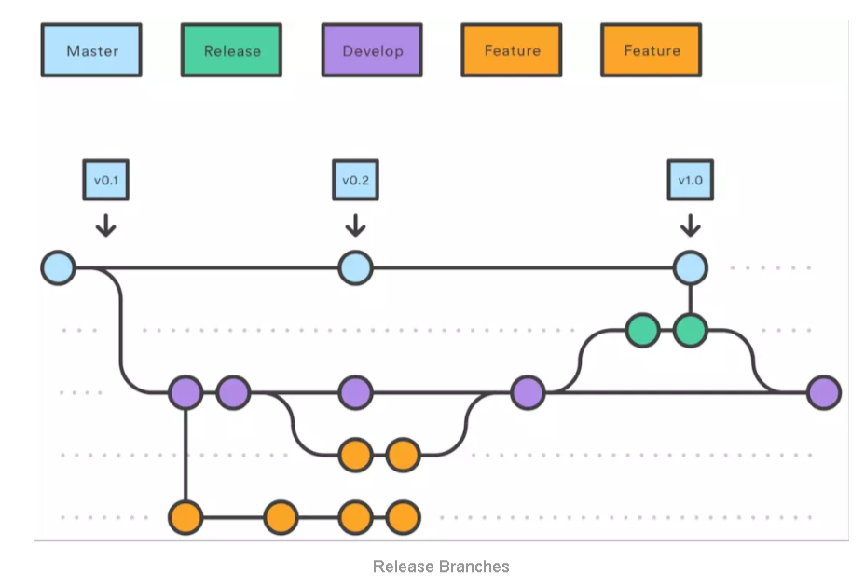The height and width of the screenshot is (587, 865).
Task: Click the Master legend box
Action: click(x=91, y=50)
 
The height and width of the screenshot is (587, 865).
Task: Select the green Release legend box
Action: click(x=231, y=50)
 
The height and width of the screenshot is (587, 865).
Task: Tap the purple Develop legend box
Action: click(x=371, y=50)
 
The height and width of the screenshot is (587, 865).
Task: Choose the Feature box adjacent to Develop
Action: click(x=512, y=50)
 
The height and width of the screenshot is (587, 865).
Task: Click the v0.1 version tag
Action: click(x=105, y=181)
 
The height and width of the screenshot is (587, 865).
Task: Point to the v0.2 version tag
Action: click(x=355, y=181)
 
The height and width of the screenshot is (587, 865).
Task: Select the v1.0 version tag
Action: click(x=690, y=181)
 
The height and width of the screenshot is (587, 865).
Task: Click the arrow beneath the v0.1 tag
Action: click(x=105, y=225)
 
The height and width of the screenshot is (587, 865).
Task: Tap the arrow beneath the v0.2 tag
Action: click(x=355, y=225)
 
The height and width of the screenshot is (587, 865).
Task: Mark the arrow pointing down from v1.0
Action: click(x=690, y=225)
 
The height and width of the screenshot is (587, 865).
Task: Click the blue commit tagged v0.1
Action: click(x=58, y=268)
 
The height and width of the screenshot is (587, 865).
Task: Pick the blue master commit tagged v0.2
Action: click(x=355, y=268)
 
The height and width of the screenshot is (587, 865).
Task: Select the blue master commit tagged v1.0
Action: click(x=690, y=268)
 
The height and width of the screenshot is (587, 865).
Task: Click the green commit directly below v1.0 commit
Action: click(x=690, y=330)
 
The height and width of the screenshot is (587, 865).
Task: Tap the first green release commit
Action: click(x=642, y=330)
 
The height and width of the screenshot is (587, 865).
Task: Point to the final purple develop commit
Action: click(x=824, y=393)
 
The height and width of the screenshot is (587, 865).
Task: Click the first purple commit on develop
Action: click(x=185, y=393)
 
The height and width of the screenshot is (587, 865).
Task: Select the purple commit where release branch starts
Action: click(x=528, y=393)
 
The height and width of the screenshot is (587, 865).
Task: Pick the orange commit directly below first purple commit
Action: click(x=185, y=516)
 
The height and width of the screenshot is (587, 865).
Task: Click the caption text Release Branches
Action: click(x=441, y=567)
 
